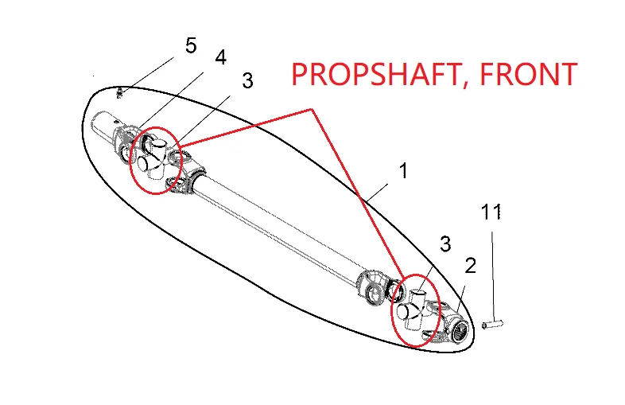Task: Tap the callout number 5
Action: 190,46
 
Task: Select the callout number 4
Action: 220,57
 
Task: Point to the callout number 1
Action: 404,171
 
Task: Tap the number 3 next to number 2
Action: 445,243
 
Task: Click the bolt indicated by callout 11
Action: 494,324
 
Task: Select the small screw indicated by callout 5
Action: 119,93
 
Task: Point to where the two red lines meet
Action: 313,108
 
